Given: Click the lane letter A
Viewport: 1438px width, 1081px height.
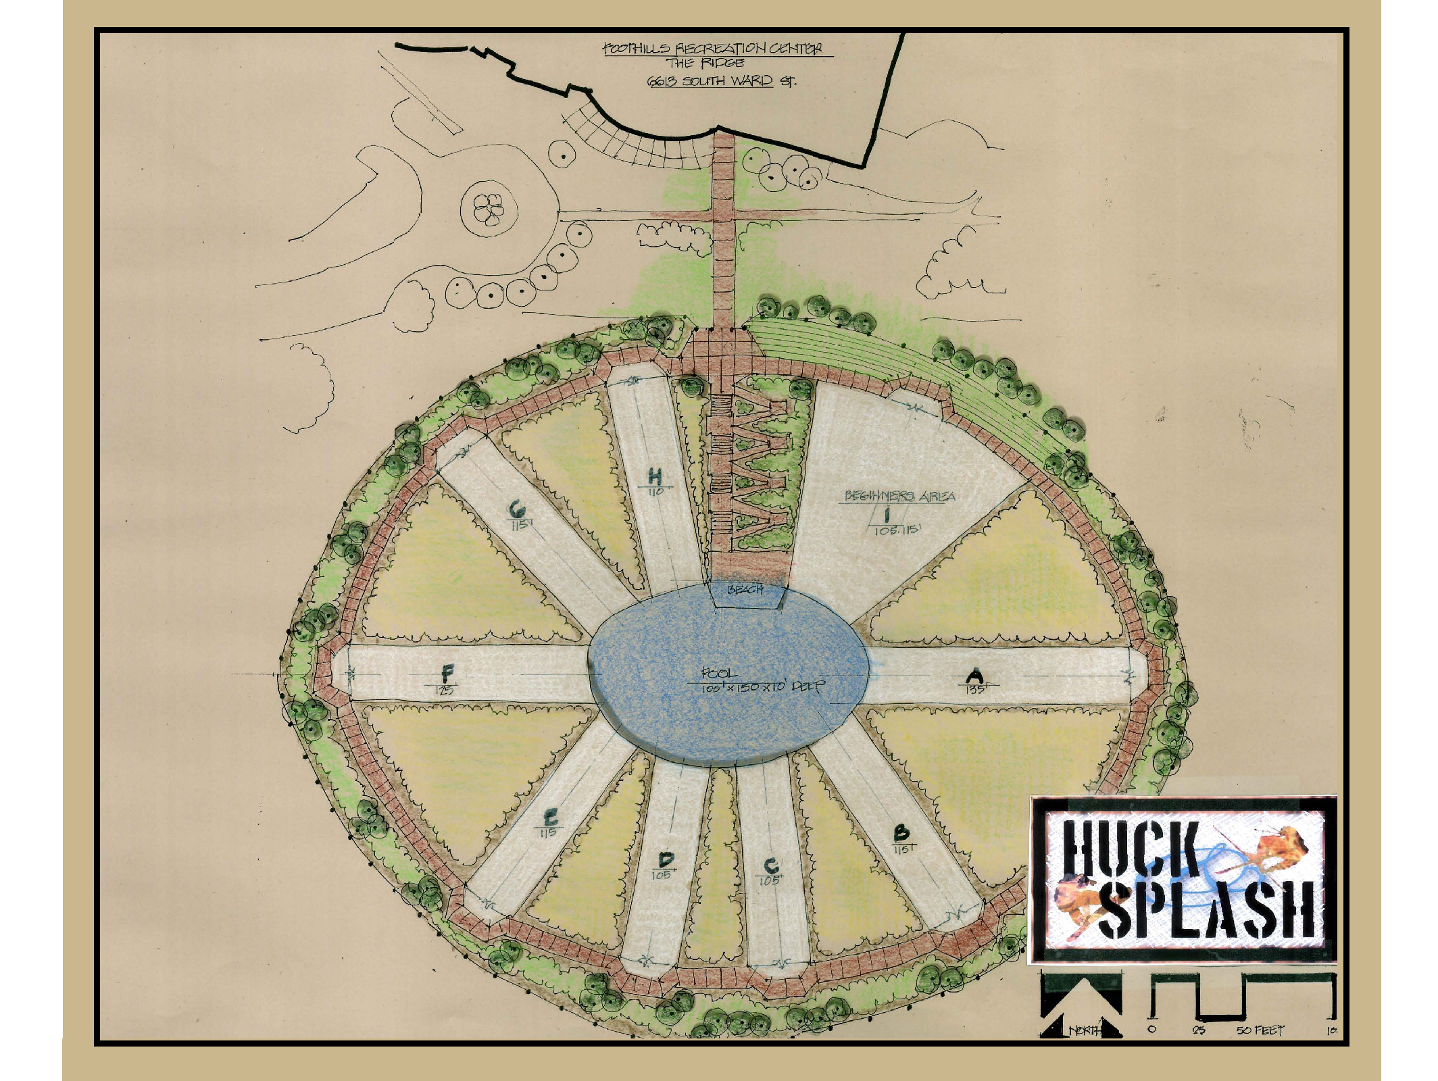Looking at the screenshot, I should pyautogui.click(x=974, y=675).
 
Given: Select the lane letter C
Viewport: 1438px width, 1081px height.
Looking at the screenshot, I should pyautogui.click(x=771, y=866).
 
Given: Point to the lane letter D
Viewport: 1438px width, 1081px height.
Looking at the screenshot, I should pyautogui.click(x=666, y=860).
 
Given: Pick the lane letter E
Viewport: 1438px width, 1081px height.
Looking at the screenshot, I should pyautogui.click(x=551, y=818).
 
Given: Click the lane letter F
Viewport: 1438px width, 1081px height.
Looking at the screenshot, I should pyautogui.click(x=447, y=673).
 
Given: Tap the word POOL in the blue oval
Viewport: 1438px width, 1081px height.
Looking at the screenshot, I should pyautogui.click(x=716, y=673).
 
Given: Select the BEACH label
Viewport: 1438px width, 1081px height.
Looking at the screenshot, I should pyautogui.click(x=745, y=590).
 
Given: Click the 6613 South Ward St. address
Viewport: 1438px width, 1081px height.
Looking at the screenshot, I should pyautogui.click(x=722, y=82).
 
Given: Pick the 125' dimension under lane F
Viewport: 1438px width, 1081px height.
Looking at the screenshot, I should pyautogui.click(x=445, y=690).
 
